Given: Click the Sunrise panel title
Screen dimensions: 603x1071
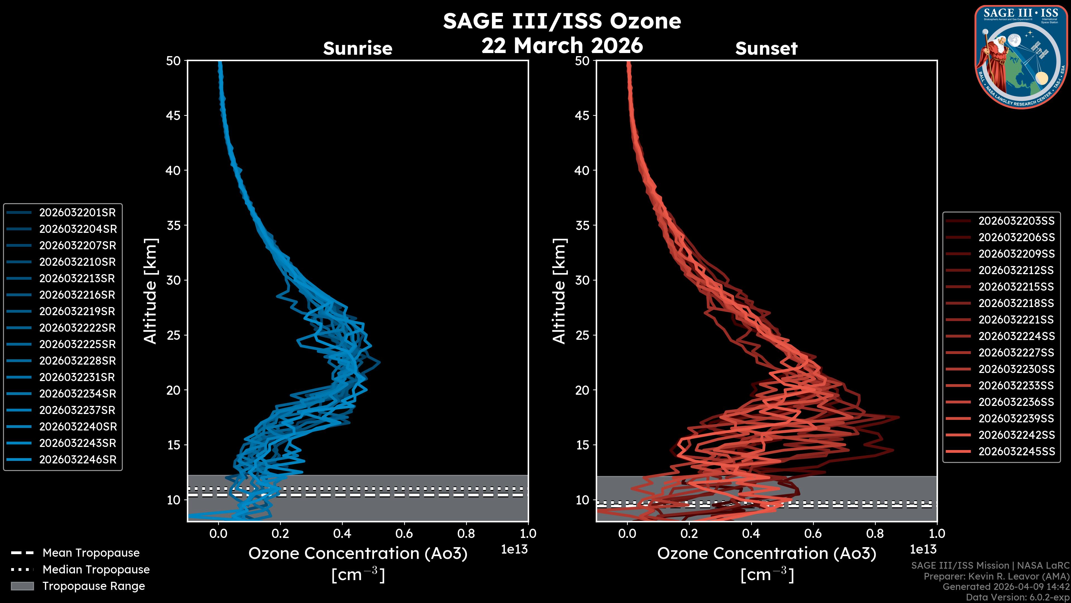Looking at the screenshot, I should pyautogui.click(x=358, y=48).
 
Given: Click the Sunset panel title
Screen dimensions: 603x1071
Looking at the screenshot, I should pyautogui.click(x=766, y=48).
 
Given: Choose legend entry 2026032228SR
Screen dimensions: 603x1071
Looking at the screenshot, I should pyautogui.click(x=77, y=360).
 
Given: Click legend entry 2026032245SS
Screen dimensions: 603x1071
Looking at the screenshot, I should pyautogui.click(x=1017, y=451).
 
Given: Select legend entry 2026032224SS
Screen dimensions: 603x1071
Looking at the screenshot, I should pyautogui.click(x=1017, y=336).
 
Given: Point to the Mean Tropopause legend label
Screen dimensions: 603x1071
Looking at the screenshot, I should pyautogui.click(x=91, y=553).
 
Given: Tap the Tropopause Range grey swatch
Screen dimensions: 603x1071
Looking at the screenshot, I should pyautogui.click(x=22, y=586).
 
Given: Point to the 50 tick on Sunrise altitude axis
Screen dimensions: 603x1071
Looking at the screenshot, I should pyautogui.click(x=173, y=61).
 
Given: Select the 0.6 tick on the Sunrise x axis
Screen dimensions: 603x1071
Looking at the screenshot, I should pyautogui.click(x=404, y=533).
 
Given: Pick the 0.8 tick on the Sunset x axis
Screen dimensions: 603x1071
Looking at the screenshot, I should pyautogui.click(x=875, y=533).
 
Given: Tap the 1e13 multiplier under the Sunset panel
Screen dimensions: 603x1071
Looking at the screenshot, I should pyautogui.click(x=923, y=549).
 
